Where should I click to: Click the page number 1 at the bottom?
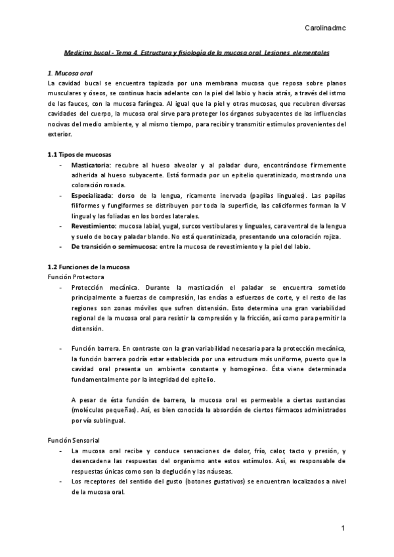click(x=343, y=529)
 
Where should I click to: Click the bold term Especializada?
click(x=93, y=196)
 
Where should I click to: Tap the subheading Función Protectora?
click(x=76, y=277)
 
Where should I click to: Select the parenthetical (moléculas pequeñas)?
click(x=104, y=410)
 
